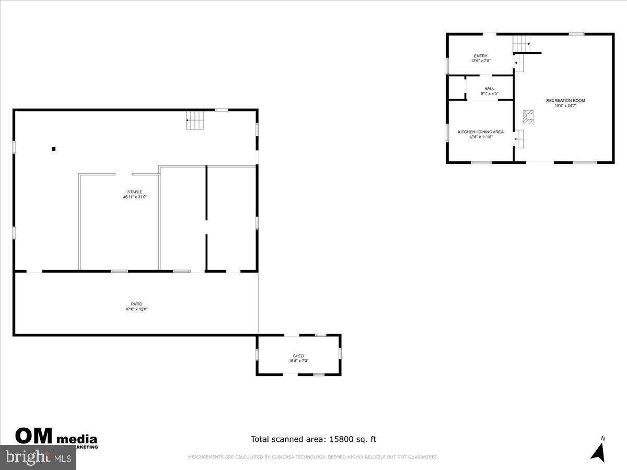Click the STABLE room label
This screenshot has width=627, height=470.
[135, 192]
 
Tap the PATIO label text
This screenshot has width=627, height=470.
[136, 304]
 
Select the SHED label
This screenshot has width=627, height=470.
[298, 356]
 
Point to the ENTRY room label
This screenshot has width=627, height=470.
[481, 56]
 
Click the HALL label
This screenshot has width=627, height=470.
[489, 89]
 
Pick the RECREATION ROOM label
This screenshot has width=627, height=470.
[565, 100]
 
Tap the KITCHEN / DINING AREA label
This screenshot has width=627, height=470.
[481, 132]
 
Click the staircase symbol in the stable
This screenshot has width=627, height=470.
[195, 121]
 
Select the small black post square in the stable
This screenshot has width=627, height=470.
[54, 149]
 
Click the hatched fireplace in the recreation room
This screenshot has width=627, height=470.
[528, 116]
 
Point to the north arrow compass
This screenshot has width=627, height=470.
[599, 450]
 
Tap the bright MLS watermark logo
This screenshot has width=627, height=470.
[37, 457]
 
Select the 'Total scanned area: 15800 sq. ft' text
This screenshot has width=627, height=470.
[313, 439]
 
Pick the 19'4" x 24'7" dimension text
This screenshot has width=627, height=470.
[565, 106]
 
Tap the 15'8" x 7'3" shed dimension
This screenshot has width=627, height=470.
[298, 361]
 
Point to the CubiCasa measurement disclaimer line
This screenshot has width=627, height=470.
[313, 457]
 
